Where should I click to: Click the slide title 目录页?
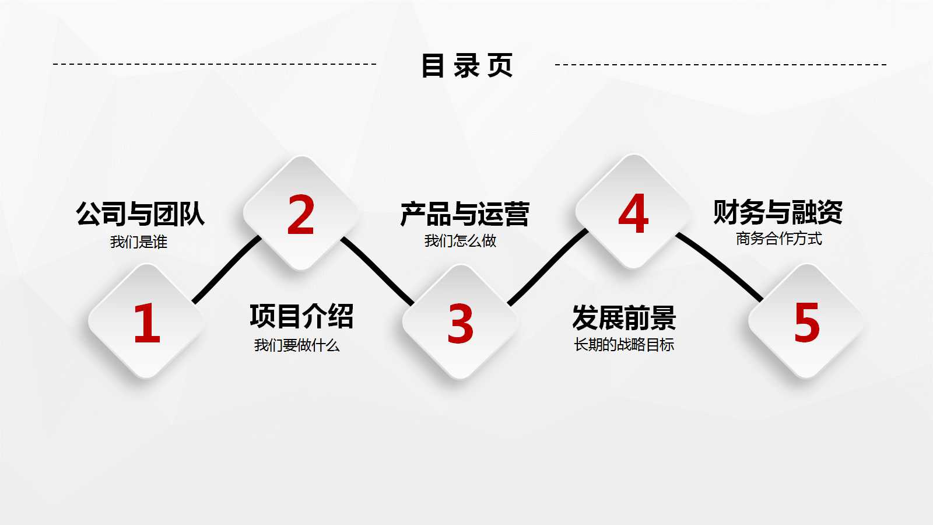click(466, 65)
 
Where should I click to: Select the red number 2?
click(301, 215)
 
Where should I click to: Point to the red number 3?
click(460, 324)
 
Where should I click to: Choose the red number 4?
click(633, 213)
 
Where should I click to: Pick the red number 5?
click(807, 322)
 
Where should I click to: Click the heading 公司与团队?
click(140, 214)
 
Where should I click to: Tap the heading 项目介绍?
click(301, 316)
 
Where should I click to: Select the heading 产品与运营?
click(465, 214)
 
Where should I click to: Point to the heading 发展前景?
click(624, 318)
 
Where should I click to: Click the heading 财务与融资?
click(778, 212)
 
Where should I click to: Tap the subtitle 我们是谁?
click(139, 242)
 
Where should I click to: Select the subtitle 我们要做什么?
click(297, 345)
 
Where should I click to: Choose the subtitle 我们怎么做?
click(461, 240)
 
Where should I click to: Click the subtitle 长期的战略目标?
click(624, 345)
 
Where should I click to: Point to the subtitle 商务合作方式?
click(779, 239)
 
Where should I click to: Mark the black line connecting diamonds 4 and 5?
click(721, 266)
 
